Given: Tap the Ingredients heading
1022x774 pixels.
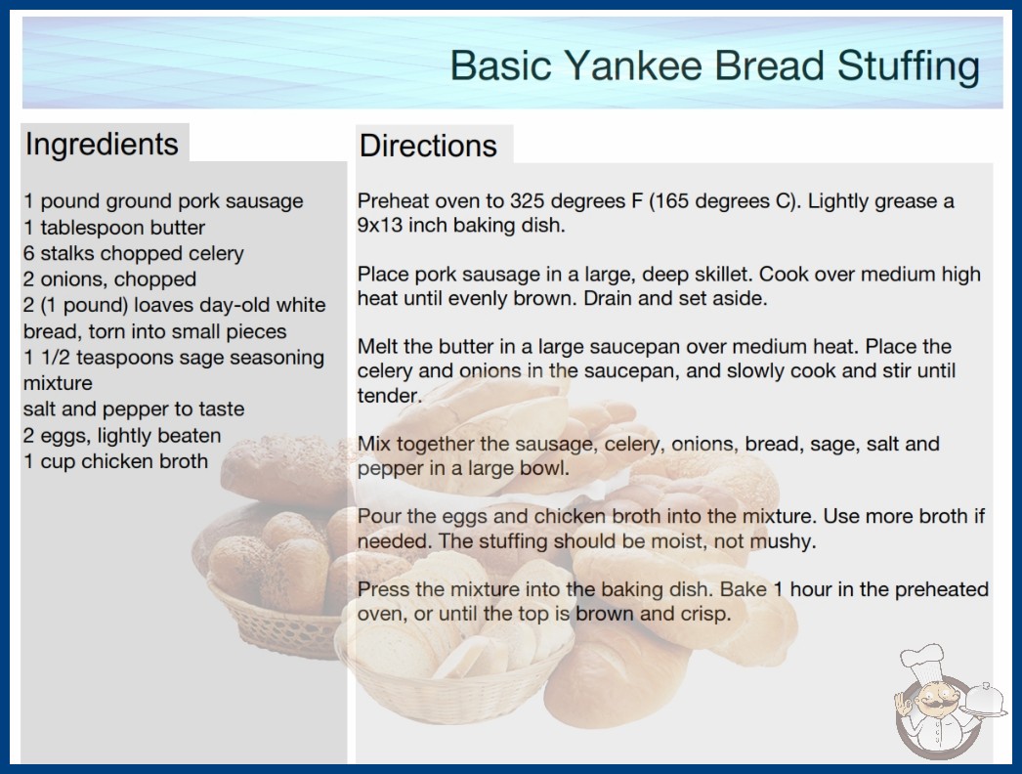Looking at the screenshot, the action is point(102,144).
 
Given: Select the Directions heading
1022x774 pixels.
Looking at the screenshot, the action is point(428,146).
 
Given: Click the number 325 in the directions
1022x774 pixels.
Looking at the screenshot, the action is point(528,201).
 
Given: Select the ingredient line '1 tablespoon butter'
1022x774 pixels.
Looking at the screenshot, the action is point(114,228).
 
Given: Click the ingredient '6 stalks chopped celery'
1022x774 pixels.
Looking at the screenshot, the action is point(134,253).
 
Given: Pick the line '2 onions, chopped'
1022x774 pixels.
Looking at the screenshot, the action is point(109,279).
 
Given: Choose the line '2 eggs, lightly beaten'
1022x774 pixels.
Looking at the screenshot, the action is point(122,435).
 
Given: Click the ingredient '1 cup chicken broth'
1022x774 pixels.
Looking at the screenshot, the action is point(115,461).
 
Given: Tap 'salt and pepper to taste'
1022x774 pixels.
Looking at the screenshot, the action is point(134,408).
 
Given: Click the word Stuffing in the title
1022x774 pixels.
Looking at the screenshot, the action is point(909,66).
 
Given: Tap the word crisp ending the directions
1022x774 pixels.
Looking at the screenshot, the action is point(705,615).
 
